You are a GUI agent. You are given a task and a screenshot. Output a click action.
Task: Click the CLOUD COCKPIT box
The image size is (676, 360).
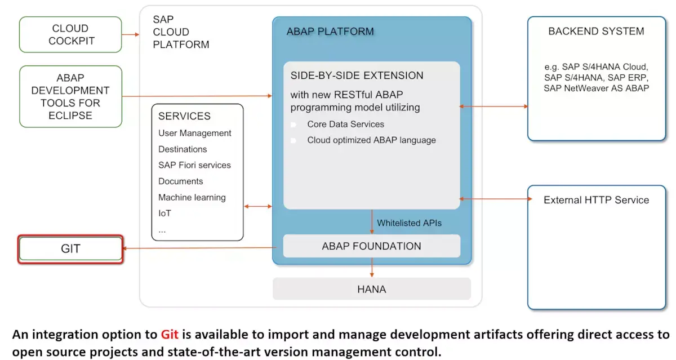click(x=70, y=34)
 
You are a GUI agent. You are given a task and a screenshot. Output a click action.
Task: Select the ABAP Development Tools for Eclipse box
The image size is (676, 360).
click(x=70, y=96)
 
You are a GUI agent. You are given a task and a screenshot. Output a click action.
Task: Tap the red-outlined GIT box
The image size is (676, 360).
click(x=70, y=249)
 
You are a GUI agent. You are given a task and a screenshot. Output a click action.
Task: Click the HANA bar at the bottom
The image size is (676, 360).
click(x=372, y=289)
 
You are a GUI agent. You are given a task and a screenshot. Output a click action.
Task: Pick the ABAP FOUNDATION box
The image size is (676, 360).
click(x=372, y=246)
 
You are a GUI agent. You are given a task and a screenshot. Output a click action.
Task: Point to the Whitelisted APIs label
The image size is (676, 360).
click(x=409, y=223)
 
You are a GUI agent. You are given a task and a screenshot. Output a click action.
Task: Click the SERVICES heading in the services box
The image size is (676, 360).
click(x=184, y=116)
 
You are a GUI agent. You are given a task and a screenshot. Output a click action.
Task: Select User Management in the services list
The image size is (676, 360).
click(x=195, y=133)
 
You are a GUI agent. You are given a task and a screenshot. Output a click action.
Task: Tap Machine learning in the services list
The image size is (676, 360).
click(x=192, y=197)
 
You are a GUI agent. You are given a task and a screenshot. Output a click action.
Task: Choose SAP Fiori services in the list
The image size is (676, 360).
click(x=194, y=165)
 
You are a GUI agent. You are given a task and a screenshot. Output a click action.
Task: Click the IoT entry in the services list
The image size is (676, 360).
click(x=164, y=214)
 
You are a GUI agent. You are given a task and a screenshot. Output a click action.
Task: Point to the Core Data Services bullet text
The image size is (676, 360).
click(x=345, y=125)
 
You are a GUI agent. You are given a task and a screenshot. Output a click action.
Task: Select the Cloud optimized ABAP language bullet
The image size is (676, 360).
click(x=371, y=140)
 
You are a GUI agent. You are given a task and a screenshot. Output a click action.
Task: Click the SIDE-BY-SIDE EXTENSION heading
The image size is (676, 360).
click(x=357, y=75)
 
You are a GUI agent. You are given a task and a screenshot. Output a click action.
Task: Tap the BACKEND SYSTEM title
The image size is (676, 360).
click(x=597, y=31)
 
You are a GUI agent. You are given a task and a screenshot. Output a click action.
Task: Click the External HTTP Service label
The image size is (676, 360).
click(x=597, y=200)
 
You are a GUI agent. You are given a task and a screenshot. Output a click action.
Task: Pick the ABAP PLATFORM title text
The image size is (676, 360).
click(x=330, y=32)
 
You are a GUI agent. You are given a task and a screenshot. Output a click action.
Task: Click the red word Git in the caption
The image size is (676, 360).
click(x=170, y=334)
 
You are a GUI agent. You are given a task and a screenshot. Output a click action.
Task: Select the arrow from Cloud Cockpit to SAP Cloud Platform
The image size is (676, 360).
click(x=131, y=35)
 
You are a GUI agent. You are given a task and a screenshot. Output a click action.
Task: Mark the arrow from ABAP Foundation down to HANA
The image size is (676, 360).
click(x=372, y=268)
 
